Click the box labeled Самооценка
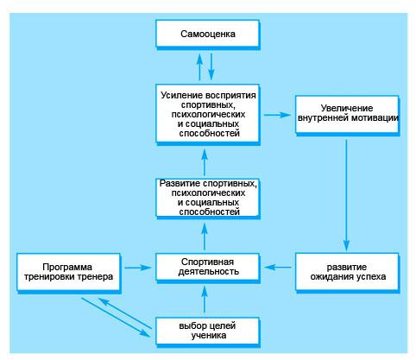(207, 34)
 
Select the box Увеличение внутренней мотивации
(347, 115)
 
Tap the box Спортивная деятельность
(207, 267)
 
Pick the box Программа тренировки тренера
(68, 272)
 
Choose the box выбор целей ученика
(207, 331)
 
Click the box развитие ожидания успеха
(347, 272)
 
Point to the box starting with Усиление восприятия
(207, 113)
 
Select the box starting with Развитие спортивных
(207, 198)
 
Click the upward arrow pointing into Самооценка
(199, 66)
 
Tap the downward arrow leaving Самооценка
(211, 66)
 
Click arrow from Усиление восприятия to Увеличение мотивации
(277, 115)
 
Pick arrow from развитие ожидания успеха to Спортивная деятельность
(278, 268)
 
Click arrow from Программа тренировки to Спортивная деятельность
(138, 268)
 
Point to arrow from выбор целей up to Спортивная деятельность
(205, 300)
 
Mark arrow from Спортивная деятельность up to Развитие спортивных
(205, 237)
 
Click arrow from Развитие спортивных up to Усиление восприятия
(205, 161)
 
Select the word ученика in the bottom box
(209, 336)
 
